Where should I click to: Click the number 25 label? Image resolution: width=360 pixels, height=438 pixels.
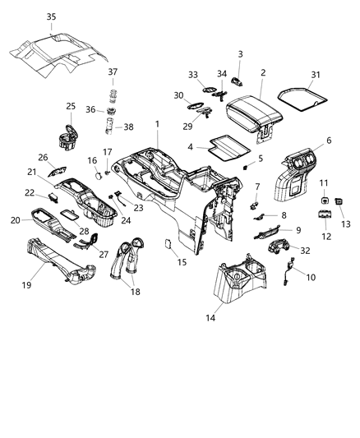click(x=71, y=107)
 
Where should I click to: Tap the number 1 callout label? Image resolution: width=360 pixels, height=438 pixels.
click(x=157, y=123)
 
